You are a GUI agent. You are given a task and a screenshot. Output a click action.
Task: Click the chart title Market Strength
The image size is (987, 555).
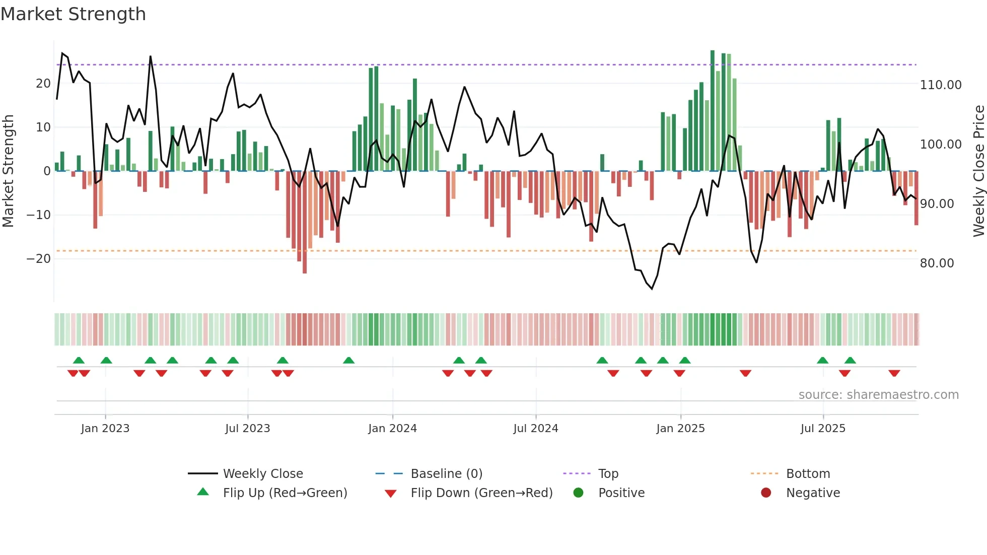pos(73,14)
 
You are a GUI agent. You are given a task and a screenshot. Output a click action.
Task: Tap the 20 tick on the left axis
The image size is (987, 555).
pos(43,84)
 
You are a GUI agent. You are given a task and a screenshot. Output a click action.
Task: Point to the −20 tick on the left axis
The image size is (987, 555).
pos(39,259)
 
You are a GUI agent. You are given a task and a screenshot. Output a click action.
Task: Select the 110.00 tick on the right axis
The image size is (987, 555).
pos(940,85)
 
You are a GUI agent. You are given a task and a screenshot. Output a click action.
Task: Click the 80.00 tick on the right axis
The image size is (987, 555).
pos(937,263)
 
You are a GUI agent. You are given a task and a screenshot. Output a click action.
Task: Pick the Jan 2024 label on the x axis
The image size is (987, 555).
pos(392,429)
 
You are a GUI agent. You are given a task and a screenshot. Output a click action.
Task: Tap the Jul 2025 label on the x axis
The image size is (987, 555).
pos(823,429)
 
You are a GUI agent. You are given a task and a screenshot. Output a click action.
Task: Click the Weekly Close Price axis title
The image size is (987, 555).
pos(978,171)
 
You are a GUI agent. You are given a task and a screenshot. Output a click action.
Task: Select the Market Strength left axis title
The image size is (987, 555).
pos(8,171)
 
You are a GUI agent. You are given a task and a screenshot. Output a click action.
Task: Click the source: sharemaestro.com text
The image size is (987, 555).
pos(878,395)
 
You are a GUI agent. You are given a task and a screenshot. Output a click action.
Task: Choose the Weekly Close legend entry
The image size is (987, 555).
pos(263,474)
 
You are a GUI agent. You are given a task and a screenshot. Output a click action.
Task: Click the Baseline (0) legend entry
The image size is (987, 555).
pos(446,474)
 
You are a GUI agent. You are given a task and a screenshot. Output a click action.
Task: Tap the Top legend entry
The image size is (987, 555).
pos(608,474)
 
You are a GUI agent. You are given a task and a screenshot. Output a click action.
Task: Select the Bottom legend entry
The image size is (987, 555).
pos(808,474)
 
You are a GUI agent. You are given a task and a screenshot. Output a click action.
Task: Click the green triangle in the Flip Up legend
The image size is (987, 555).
pos(203,492)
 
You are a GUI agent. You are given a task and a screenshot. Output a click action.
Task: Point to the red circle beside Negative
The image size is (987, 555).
pos(765,493)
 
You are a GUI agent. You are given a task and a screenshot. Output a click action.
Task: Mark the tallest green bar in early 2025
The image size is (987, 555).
pos(713,111)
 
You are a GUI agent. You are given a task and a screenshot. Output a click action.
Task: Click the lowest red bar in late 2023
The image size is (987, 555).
pos(305,222)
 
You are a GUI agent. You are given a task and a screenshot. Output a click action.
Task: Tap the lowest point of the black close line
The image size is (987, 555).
pos(652,289)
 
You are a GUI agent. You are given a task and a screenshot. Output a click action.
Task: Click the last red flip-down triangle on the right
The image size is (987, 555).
pos(894,373)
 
